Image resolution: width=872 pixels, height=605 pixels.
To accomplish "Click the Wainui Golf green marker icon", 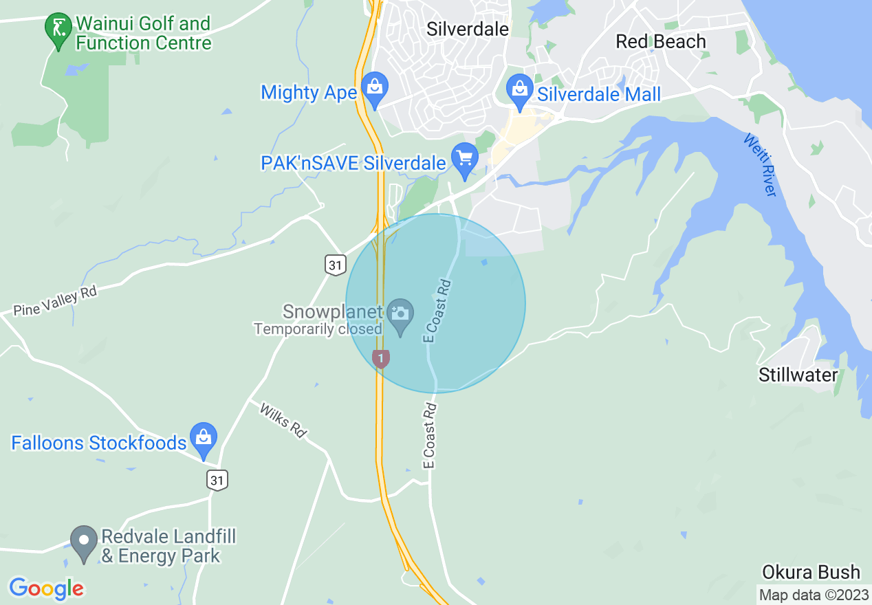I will coord(58,30).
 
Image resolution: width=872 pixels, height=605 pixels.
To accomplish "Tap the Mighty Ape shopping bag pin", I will coord(375,89).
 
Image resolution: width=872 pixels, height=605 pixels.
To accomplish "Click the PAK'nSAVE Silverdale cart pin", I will coord(465,159).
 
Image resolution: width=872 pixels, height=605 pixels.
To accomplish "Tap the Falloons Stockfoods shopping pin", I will coord(204,439).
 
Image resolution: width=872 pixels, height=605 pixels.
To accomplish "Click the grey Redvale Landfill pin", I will coord(85,542).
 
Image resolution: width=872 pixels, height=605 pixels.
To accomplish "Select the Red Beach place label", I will coord(660,41).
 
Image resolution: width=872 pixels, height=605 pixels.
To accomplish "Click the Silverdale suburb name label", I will coord(468,29).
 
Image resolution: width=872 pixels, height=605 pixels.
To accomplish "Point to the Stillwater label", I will coord(798,375).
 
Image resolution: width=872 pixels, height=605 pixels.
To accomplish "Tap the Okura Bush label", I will coord(811,572).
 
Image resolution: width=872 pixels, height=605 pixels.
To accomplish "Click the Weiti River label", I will coord(760,165).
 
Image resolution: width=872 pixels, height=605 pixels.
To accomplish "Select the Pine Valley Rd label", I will coord(55,301).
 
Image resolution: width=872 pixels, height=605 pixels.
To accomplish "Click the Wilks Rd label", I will coord(282,419).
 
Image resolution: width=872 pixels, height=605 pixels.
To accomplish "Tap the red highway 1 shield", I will coord(381,357).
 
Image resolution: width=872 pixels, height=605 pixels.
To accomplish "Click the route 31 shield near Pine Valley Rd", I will coord(335,264).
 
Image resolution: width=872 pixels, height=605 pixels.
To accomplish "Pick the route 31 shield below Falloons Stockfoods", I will coord(217,479).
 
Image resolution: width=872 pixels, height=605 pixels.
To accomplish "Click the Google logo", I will coord(46,588).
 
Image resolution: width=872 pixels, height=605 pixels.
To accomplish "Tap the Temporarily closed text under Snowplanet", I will coord(318,329).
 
